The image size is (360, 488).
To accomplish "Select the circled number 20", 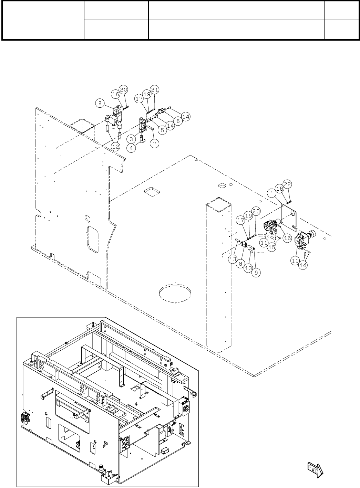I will point(124,89).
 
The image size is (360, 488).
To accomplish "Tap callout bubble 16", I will point(116,94).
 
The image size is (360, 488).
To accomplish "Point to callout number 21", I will point(155,90).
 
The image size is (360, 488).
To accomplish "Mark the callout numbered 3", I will point(131,139).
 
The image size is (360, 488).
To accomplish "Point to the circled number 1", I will point(272,194).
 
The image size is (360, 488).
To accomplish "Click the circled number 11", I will point(264,243).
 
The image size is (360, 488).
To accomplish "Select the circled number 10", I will point(295,261).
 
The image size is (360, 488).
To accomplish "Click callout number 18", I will point(280,189).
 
